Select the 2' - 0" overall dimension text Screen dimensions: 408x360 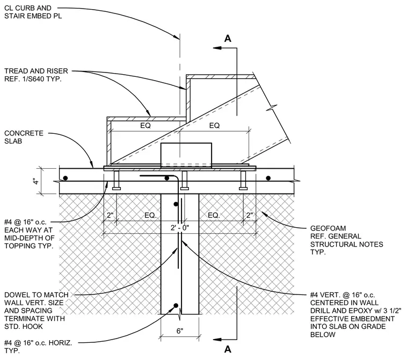pos(180,228)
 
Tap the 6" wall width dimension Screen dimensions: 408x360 pos(180,331)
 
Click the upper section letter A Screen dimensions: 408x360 pos(228,39)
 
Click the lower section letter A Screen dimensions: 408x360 pos(228,349)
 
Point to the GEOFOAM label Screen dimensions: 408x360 pos(328,228)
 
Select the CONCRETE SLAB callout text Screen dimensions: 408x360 pos(24,137)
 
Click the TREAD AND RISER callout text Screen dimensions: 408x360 pos(36,75)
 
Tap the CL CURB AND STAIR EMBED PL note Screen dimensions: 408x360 pos(33,12)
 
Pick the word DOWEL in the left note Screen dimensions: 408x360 pos(16,295)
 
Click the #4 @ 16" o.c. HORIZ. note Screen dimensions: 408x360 pos(38,347)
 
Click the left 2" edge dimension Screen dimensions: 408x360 pos(111,215)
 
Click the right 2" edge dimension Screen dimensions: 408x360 pos(250,215)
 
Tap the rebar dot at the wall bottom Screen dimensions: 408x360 pos(176,305)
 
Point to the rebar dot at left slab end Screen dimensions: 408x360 pos(65,178)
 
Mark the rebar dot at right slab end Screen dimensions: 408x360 pos(268,178)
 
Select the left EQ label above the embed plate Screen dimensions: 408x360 pos(145,126)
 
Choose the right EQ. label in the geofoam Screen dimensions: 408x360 pos(214,215)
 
